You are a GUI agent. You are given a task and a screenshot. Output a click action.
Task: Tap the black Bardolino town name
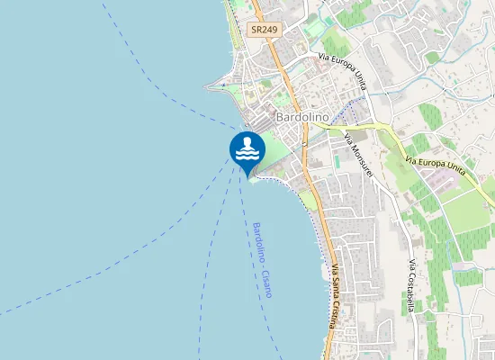point(300,118)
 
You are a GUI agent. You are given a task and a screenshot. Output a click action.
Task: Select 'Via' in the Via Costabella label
point(411,265)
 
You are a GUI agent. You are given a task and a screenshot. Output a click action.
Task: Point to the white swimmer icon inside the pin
point(247,148)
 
